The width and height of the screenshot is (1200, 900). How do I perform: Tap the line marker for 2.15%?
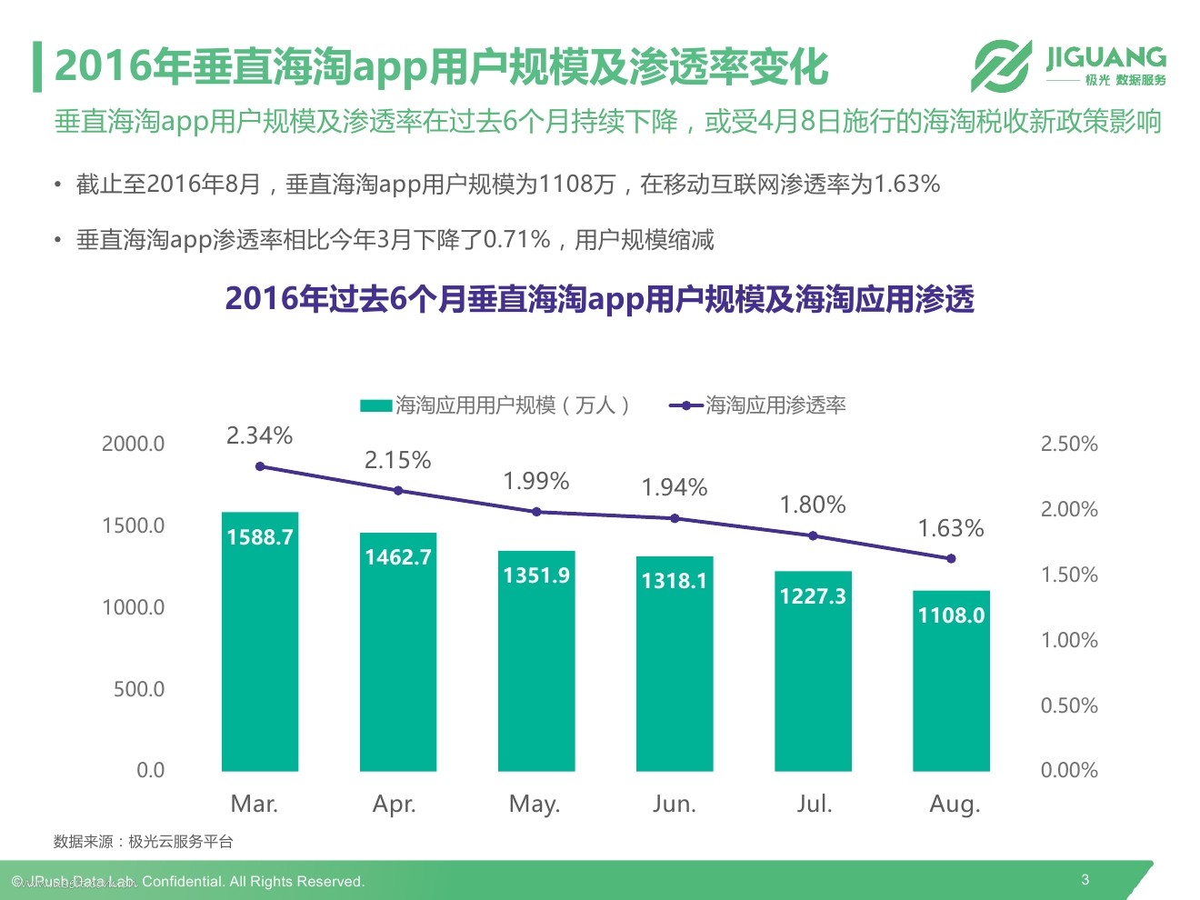[398, 491]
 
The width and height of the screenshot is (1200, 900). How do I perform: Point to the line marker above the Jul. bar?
[813, 535]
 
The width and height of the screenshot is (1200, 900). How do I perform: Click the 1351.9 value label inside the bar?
[536, 575]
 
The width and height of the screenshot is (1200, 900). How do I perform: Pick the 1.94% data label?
[674, 488]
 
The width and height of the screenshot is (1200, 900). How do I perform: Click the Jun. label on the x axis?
[674, 804]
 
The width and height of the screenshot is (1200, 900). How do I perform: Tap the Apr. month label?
[395, 804]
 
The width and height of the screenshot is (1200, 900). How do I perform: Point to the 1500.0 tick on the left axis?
[133, 525]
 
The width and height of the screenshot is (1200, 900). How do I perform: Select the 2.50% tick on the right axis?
[1069, 444]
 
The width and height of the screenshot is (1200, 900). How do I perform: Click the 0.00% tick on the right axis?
[1069, 770]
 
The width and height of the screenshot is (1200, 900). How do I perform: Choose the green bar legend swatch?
[375, 405]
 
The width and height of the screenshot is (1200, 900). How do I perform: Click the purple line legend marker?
[685, 405]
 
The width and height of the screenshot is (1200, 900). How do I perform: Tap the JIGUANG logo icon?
[1001, 65]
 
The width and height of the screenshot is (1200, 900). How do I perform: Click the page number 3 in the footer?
[1085, 879]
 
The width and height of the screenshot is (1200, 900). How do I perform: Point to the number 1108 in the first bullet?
[566, 185]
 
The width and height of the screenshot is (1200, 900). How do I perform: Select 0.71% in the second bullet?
[516, 240]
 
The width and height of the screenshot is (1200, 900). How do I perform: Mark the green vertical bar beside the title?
[37, 66]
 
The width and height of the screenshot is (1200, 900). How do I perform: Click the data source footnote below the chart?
[143, 842]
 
